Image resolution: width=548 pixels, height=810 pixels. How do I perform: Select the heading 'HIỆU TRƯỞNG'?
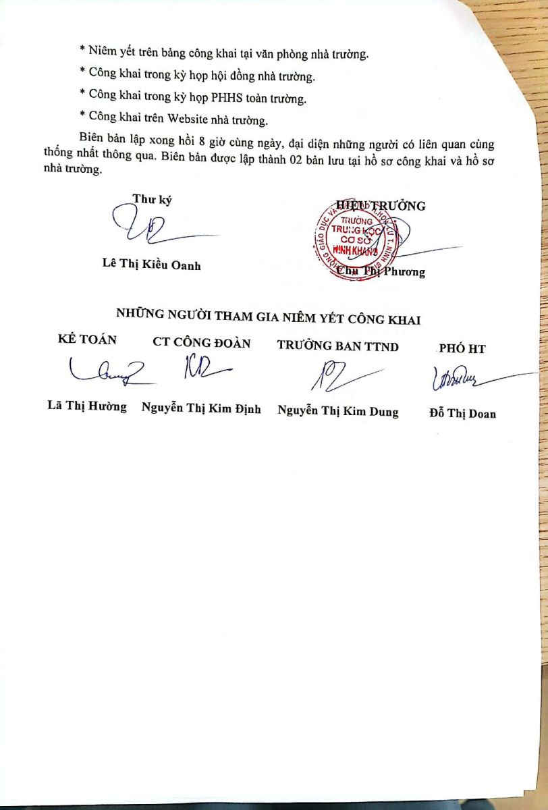[x=381, y=206]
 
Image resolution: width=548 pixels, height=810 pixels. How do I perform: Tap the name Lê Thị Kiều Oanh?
[x=151, y=265]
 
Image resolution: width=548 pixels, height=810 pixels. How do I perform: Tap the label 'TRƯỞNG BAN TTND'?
[x=337, y=346]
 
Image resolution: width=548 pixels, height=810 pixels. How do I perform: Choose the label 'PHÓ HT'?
[x=462, y=349]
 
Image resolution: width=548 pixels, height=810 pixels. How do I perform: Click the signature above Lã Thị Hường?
[x=105, y=371]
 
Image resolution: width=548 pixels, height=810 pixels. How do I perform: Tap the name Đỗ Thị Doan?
[x=462, y=413]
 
